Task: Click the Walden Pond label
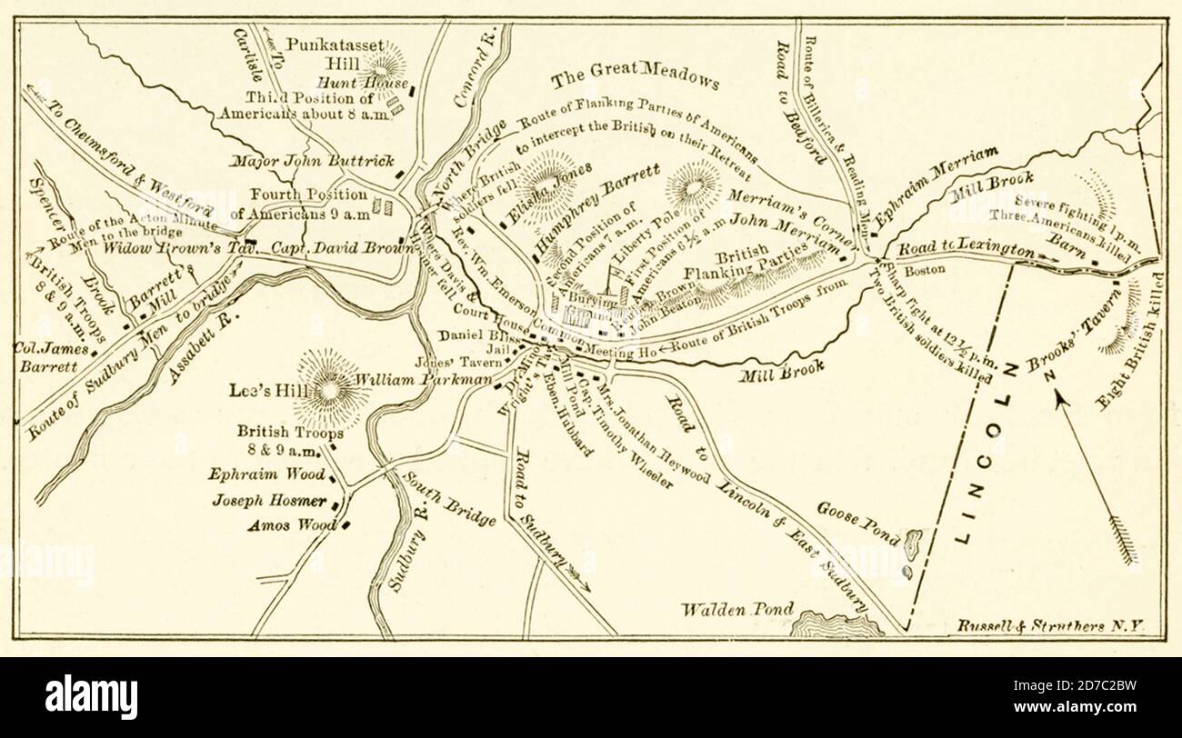coord(739,609)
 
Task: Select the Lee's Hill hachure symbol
coord(330,387)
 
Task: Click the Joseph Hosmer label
coord(269,499)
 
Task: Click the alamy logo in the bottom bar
coord(91,697)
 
